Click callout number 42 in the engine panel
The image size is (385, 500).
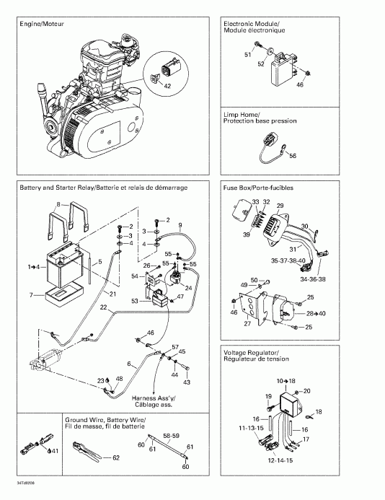click(x=167, y=86)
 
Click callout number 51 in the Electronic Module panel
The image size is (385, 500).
click(x=247, y=55)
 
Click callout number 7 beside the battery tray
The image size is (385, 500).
click(x=31, y=295)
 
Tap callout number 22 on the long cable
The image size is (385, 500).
click(x=105, y=307)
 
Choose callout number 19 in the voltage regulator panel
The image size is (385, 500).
click(x=267, y=396)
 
